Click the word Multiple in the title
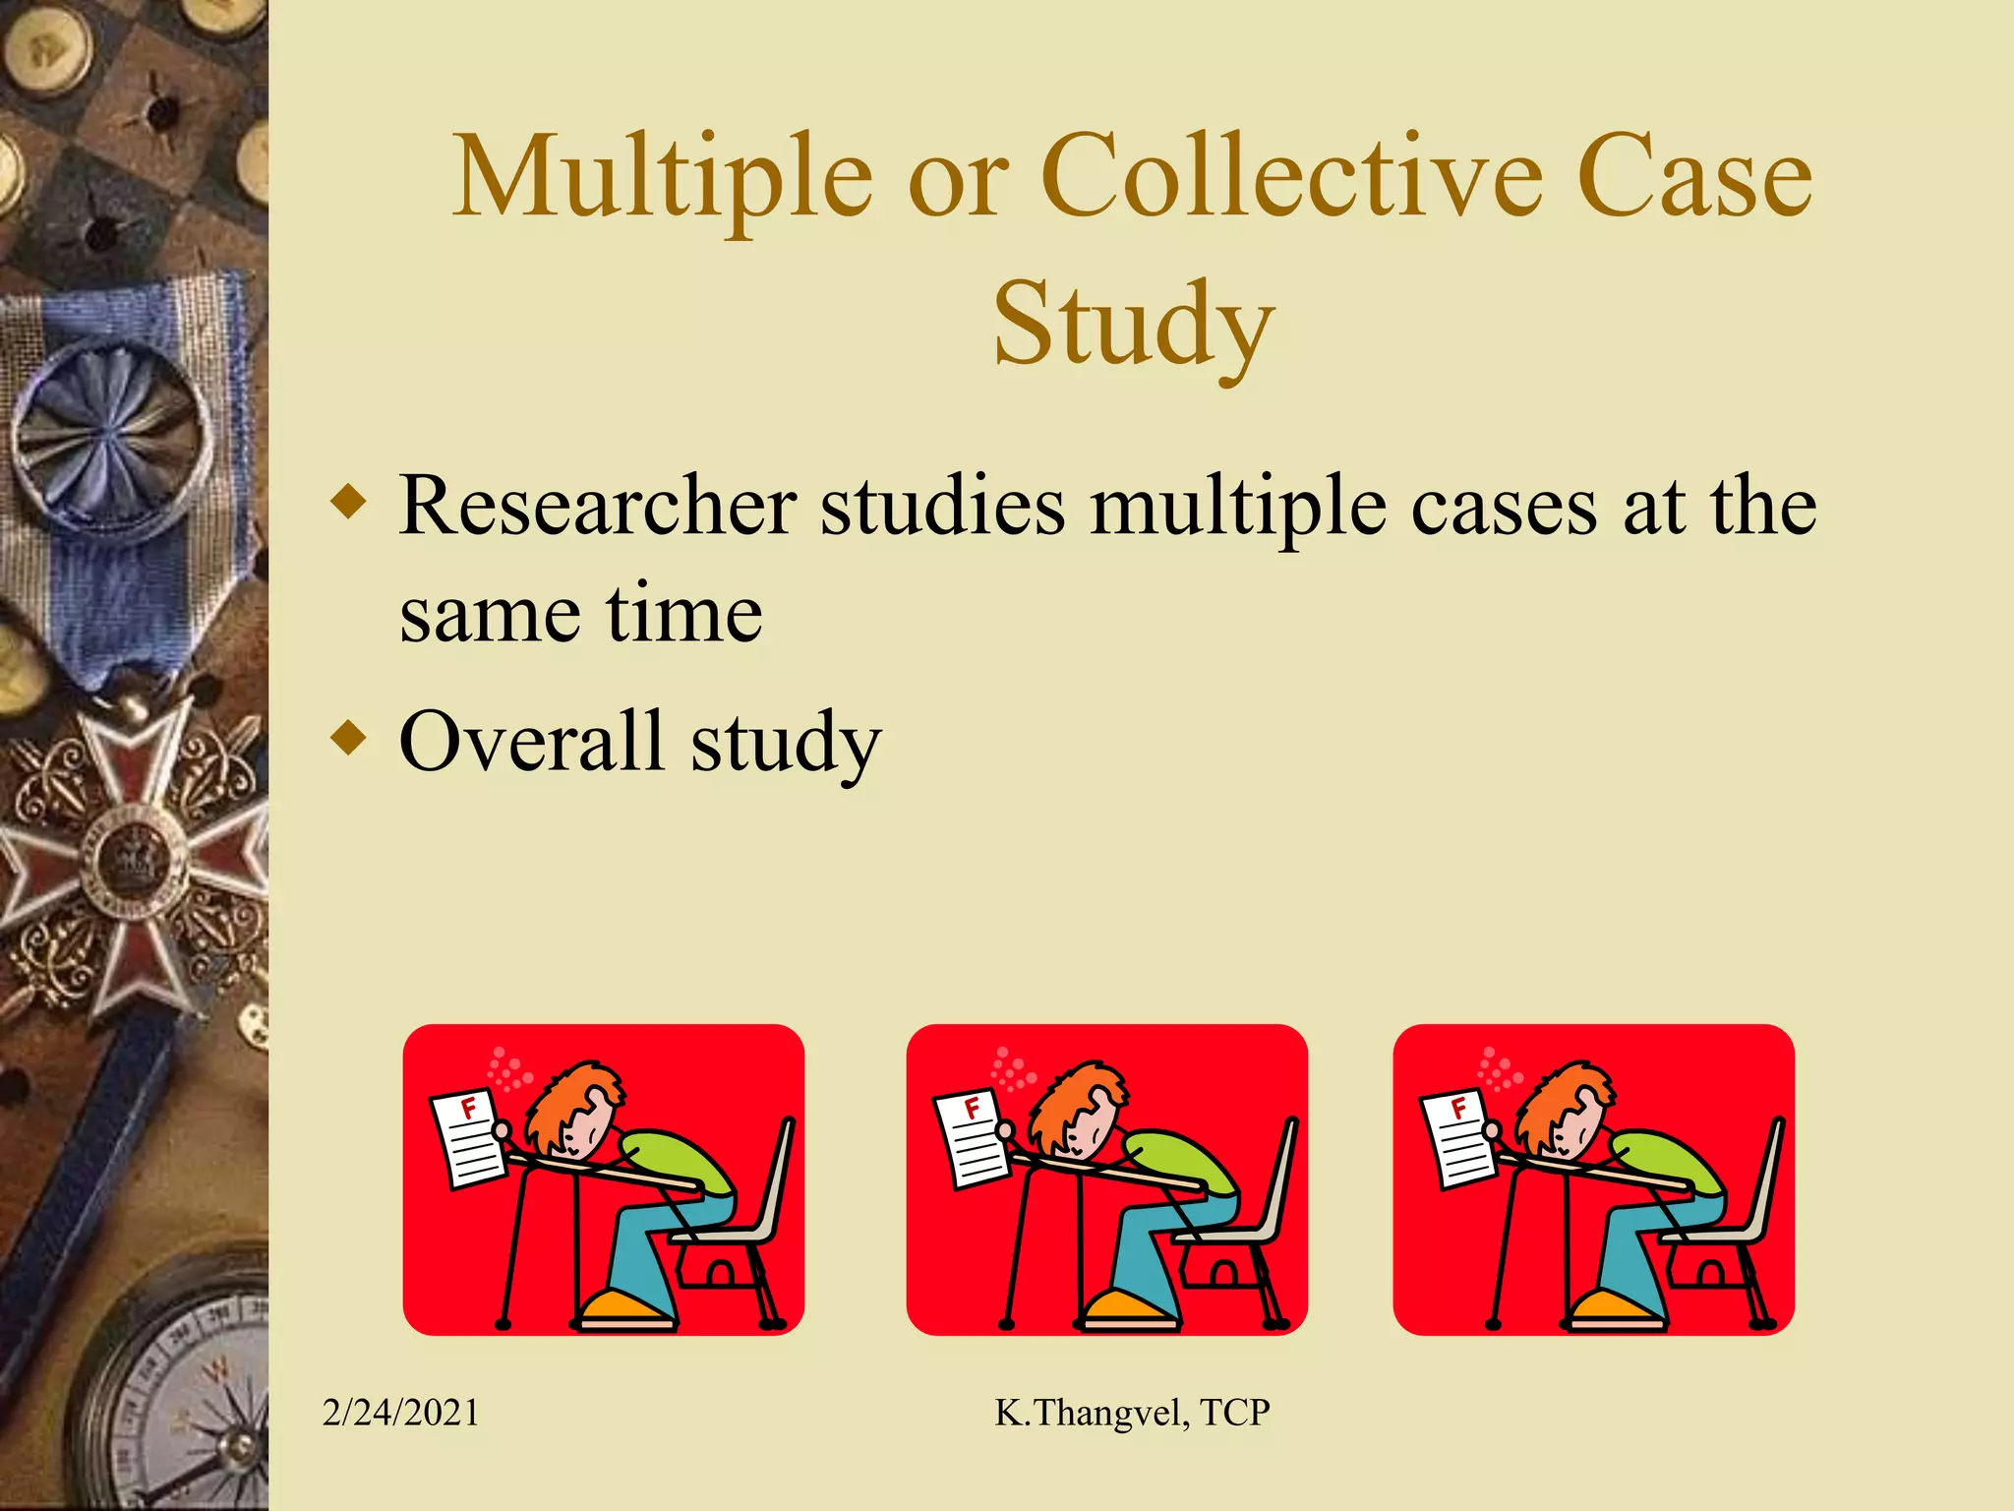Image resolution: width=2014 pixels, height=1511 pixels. point(662,177)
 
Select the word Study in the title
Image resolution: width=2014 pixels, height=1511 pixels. point(1133,323)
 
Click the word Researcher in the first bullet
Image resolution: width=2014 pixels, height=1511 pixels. point(597,506)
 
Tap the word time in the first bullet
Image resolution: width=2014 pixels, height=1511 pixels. point(683,614)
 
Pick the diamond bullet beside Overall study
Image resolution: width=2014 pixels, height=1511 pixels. point(349,737)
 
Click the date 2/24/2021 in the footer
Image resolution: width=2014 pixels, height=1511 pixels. point(401,1413)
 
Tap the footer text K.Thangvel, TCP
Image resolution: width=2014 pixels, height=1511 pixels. point(1132,1413)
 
